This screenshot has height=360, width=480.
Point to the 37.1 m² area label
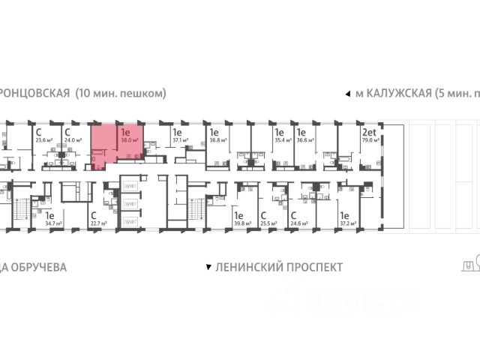178,139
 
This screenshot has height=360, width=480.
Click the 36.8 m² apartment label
217,139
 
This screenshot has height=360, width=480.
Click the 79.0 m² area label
369,139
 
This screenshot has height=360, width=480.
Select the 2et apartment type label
369,130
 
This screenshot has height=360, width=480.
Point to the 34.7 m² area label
52,223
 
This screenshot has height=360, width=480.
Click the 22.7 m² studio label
97,223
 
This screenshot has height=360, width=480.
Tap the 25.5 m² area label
268,223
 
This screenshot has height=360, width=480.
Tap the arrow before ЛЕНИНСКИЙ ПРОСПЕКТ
208,267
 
